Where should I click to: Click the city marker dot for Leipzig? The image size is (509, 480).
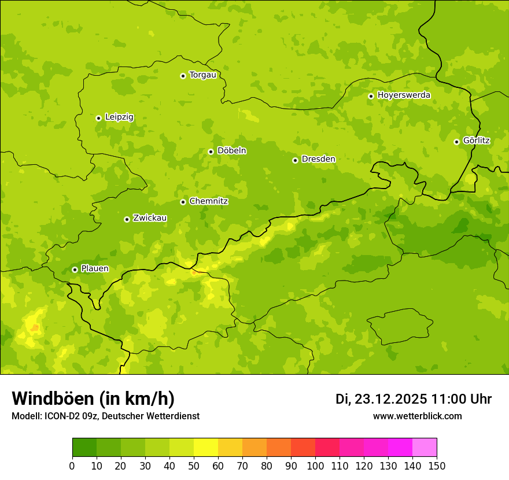(98, 118)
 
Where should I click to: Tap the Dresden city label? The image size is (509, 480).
(318, 159)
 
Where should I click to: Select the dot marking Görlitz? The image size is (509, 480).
(456, 142)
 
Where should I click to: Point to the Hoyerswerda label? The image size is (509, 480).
(404, 95)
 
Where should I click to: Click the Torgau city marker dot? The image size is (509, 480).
(183, 76)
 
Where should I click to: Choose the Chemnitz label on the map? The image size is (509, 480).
(208, 201)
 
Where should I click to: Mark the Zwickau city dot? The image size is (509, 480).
(127, 219)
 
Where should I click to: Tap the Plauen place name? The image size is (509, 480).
(94, 269)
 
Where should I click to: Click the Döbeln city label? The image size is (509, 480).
(231, 150)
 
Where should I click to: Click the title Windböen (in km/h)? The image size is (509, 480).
(93, 398)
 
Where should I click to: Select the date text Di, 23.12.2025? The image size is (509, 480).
(381, 399)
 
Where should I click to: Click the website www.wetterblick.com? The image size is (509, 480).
(417, 416)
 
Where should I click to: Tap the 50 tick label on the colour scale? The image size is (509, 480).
(194, 466)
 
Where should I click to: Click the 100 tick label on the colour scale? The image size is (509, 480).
(315, 466)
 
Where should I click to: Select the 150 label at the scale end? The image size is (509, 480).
(437, 466)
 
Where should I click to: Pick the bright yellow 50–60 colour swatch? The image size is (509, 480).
(206, 448)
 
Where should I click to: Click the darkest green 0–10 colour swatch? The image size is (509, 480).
(84, 448)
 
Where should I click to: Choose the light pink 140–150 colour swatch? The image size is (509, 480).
(425, 448)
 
